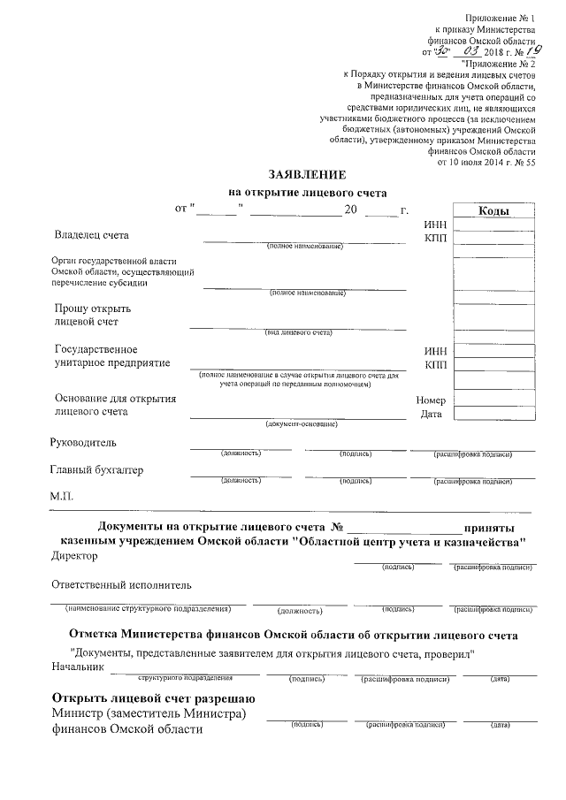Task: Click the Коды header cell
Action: pyautogui.click(x=492, y=211)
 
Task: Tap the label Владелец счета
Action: pyautogui.click(x=91, y=236)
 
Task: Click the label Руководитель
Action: pyautogui.click(x=84, y=442)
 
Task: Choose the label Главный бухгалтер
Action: pyautogui.click(x=97, y=470)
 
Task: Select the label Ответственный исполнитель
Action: pyautogui.click(x=121, y=585)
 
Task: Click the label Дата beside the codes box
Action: pyautogui.click(x=432, y=414)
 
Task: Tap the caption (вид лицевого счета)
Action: pyautogui.click(x=299, y=333)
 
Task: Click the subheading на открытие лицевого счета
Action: pyautogui.click(x=308, y=192)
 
